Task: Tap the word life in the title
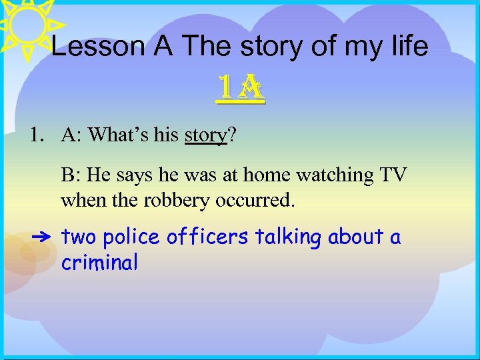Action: pos(409,47)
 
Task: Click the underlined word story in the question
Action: pos(206,135)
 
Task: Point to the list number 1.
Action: pos(36,135)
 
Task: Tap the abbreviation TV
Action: pos(393,175)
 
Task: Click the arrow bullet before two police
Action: pos(40,237)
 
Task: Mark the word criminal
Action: pos(99,263)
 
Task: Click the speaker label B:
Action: pos(70,175)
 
